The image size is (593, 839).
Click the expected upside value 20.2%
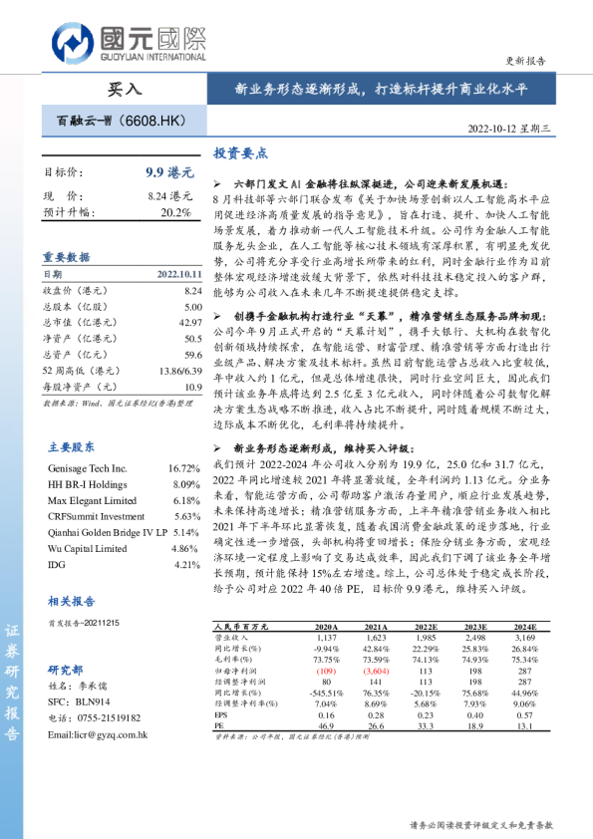(175, 212)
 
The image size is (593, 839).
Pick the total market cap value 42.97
(188, 323)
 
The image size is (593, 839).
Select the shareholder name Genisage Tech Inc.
(88, 467)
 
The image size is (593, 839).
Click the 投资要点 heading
(240, 153)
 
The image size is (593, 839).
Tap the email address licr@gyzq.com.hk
(99, 734)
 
